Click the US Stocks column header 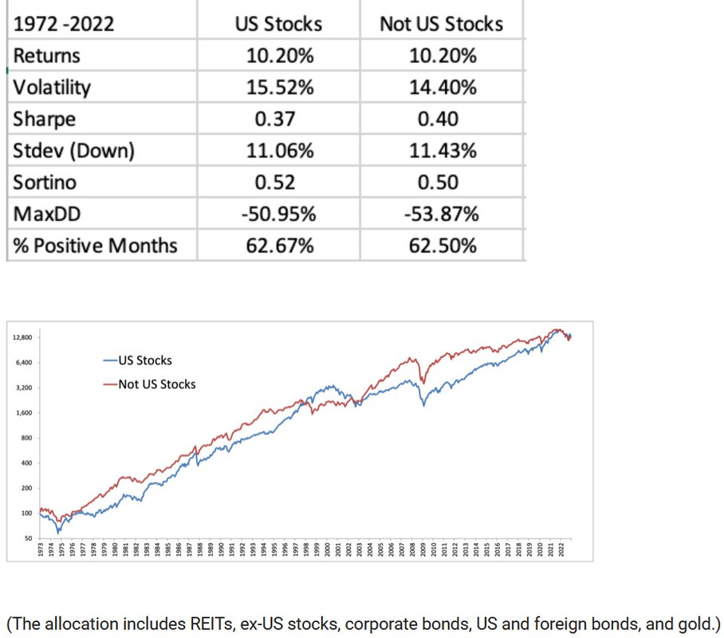click(278, 24)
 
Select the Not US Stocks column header click(441, 24)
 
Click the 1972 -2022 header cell click(64, 24)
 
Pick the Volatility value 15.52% click(278, 88)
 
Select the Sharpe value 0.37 click(275, 120)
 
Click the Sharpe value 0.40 click(438, 120)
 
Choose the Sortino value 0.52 click(275, 183)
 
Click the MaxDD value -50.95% click(278, 214)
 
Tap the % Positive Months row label click(95, 245)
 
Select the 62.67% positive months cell click(278, 245)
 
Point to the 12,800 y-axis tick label click(22, 337)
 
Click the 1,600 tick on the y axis click(24, 413)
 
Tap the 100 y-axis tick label click(26, 514)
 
